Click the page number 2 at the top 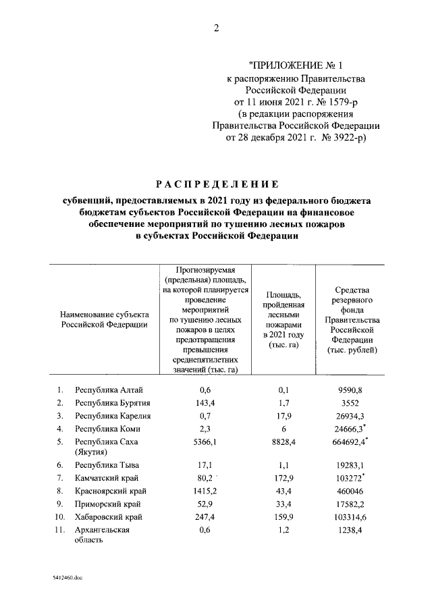point(217,28)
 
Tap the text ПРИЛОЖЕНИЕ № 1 point(296,65)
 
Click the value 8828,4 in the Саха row point(283,442)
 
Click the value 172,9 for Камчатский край point(283,478)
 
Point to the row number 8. point(60,491)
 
